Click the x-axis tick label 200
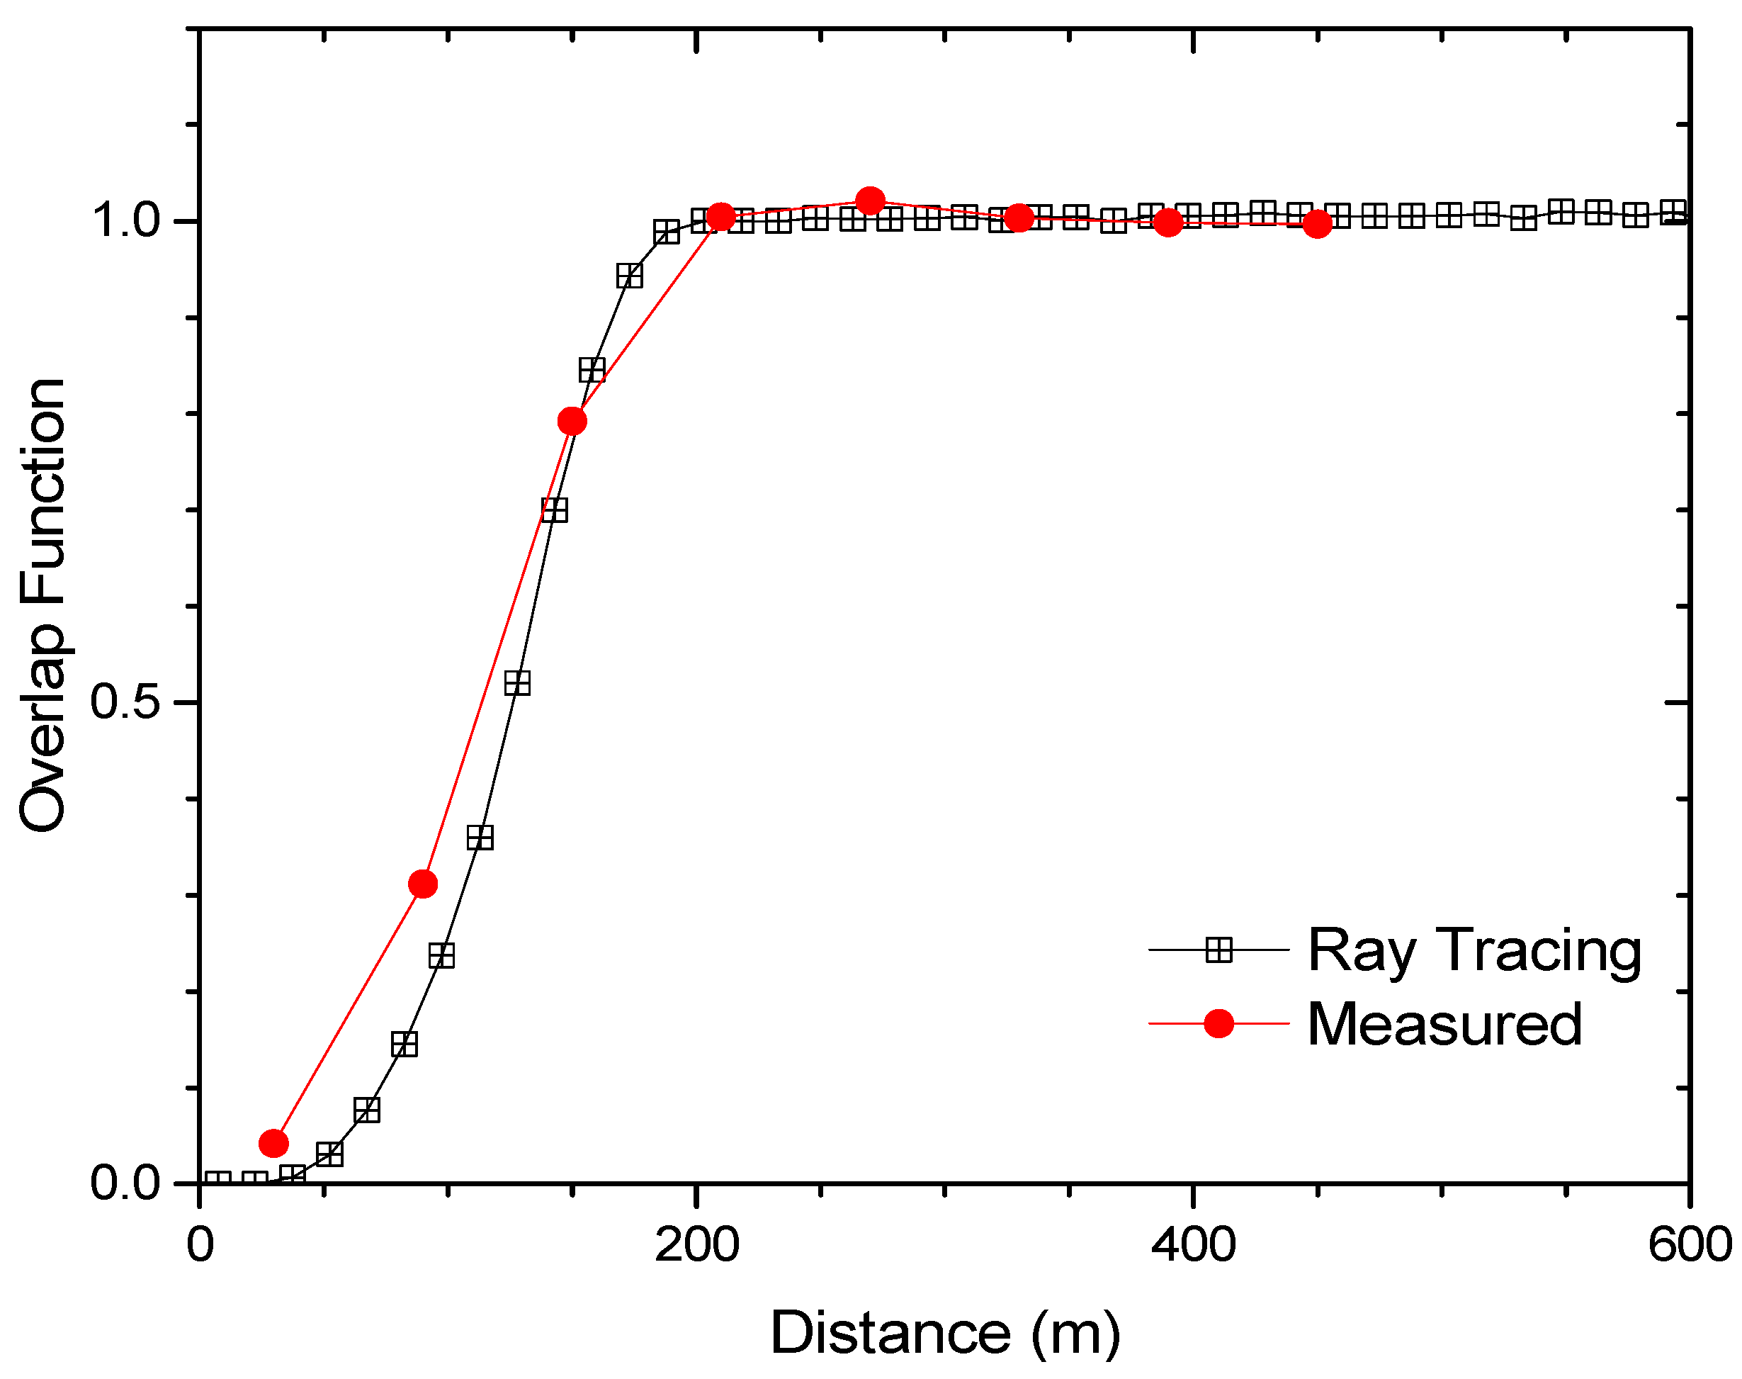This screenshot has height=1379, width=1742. click(x=696, y=1245)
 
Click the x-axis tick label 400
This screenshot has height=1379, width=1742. click(x=1192, y=1245)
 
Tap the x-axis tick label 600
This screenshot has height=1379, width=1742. click(x=1689, y=1245)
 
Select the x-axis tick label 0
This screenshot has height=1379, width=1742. click(x=200, y=1245)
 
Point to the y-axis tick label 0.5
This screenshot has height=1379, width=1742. click(x=125, y=701)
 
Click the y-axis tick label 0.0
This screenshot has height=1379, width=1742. click(x=125, y=1183)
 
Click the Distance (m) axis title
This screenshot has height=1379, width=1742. click(x=944, y=1333)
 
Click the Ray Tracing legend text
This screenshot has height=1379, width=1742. click(x=1474, y=950)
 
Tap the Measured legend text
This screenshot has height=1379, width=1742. click(x=1443, y=1025)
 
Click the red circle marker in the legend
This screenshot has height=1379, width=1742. click(x=1218, y=1024)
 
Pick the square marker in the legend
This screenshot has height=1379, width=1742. click(x=1218, y=950)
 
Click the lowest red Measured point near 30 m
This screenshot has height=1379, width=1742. click(x=273, y=1143)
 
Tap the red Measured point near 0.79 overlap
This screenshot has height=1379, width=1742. click(x=572, y=421)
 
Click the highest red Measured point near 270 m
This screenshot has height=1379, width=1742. click(x=869, y=201)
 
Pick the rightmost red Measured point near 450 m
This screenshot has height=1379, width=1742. click(x=1316, y=224)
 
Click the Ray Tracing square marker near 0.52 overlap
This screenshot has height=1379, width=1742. click(x=517, y=683)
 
